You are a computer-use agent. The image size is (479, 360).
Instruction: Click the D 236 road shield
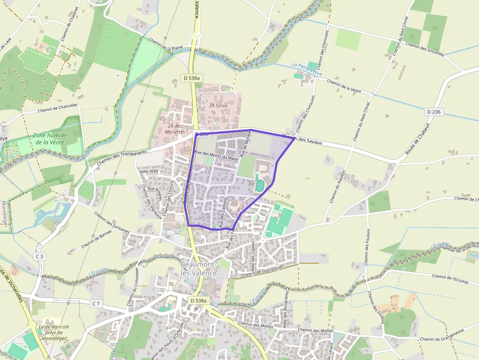(434, 112)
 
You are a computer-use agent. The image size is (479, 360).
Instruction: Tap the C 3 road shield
(40, 256)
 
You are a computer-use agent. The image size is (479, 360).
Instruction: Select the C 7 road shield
(96, 304)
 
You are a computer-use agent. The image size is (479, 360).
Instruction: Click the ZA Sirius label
(218, 106)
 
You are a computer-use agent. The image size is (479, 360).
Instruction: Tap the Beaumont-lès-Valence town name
(198, 269)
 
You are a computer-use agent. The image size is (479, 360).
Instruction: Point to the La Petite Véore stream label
(307, 69)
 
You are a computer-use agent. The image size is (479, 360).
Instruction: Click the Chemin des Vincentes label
(425, 49)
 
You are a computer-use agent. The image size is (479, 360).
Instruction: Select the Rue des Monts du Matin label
(217, 155)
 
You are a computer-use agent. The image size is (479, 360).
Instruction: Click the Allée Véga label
(149, 171)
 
